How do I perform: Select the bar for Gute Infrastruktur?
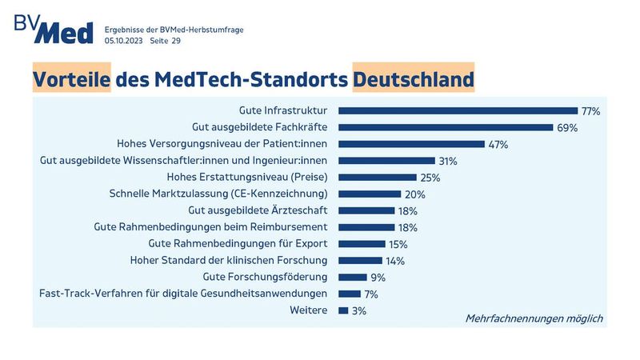coord(458,110)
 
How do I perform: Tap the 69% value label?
coord(566,127)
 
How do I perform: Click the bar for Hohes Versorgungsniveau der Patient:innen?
coord(412,144)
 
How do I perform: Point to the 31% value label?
coord(447,161)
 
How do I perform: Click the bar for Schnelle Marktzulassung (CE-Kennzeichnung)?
coord(370,194)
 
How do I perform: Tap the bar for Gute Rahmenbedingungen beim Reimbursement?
coord(366,227)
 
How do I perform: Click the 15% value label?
coord(398,244)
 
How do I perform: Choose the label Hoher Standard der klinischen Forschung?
coord(229,260)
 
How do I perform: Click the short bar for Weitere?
coord(343,310)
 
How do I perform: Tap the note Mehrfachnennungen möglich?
coord(534,318)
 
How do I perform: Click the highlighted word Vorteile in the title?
coord(71,79)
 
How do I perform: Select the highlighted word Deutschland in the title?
coord(414,79)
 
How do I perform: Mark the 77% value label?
coord(590,111)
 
